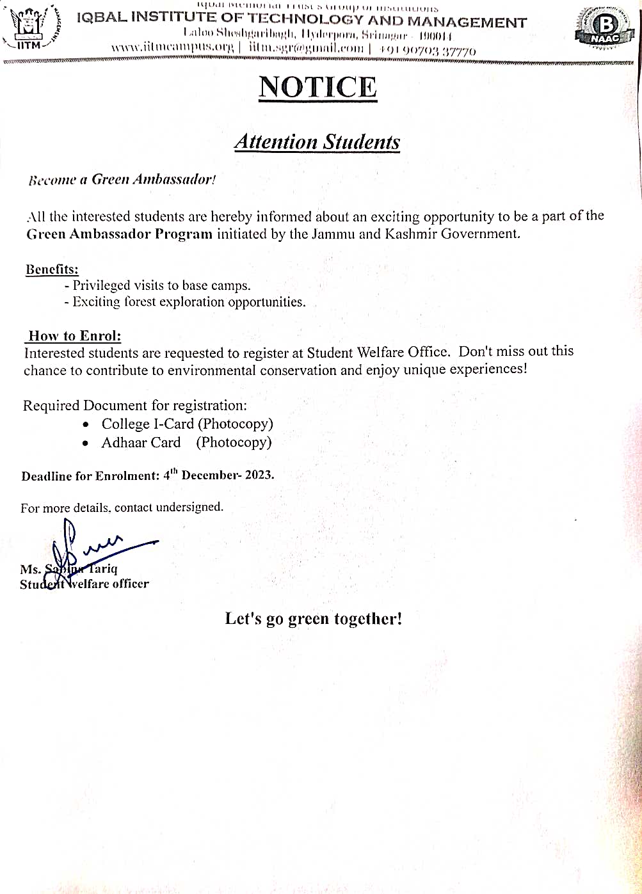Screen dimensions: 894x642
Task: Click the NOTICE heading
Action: coord(317,88)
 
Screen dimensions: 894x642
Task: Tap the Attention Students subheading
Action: coord(317,141)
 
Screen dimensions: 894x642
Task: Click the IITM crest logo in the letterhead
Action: coord(28,27)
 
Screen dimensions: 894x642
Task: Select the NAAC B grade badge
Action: coord(605,28)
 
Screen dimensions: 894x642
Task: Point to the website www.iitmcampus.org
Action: coord(172,48)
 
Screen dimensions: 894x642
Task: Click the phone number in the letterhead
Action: coord(427,50)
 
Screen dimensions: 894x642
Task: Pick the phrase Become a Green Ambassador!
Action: coord(122,180)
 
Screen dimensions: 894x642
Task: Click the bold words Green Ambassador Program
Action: coord(120,234)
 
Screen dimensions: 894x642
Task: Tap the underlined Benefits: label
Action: coord(52,269)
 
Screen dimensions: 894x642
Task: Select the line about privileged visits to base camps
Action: coord(157,285)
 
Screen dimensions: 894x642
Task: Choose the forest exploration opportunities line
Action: coord(185,302)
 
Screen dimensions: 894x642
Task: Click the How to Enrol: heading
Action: coord(74,336)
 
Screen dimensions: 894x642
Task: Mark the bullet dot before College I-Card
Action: coord(86,424)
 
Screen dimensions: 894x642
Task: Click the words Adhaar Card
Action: coord(141,442)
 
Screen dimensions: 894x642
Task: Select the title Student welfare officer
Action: coord(84,584)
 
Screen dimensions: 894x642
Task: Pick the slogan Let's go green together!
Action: coord(313,619)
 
